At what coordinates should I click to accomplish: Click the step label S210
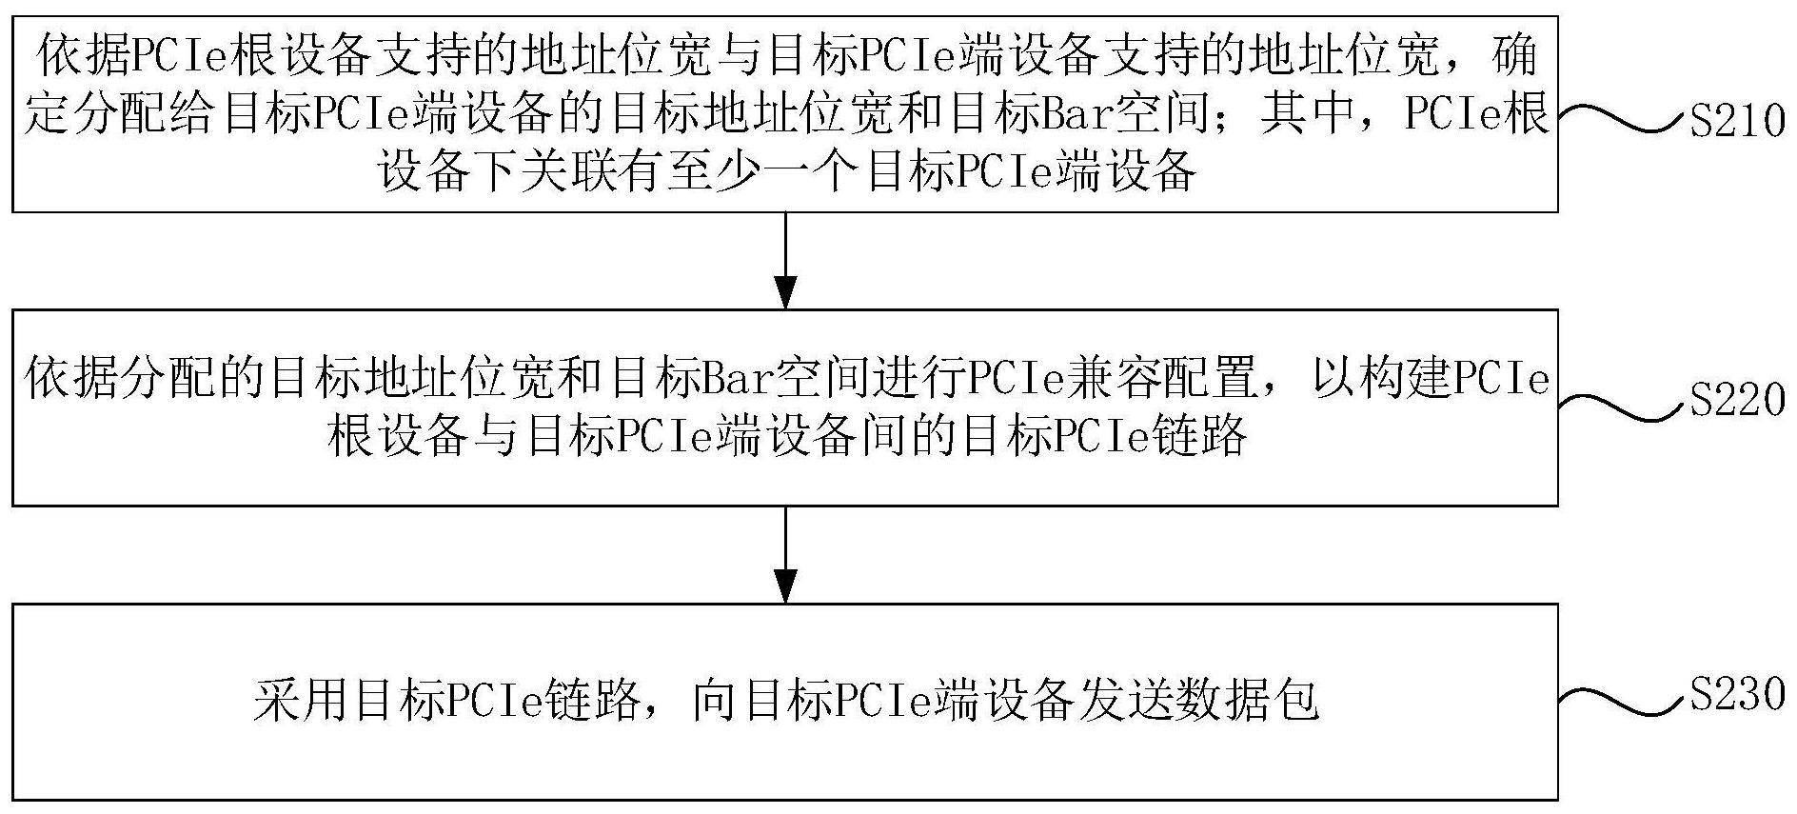[x=1737, y=122]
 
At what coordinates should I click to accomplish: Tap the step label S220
[x=1737, y=400]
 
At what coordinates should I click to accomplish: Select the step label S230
[x=1737, y=694]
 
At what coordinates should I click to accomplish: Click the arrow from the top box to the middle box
[x=785, y=260]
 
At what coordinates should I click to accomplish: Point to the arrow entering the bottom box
[x=785, y=554]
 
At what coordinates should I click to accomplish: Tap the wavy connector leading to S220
[x=1622, y=407]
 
